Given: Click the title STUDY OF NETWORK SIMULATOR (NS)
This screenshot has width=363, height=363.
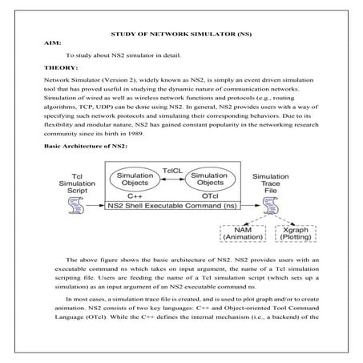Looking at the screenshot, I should click(x=181, y=37).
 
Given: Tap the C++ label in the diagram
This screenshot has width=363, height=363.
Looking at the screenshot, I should click(x=133, y=197).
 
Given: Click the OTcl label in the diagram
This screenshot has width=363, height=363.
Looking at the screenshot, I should click(x=211, y=197).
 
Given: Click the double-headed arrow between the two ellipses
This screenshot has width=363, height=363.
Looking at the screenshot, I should click(x=171, y=181).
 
